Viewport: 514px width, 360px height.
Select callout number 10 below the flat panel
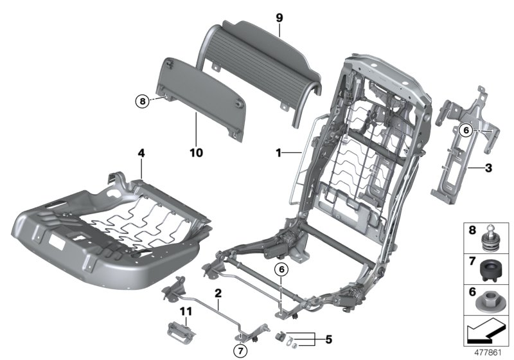(197, 152)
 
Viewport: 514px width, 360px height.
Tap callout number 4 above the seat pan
(141, 154)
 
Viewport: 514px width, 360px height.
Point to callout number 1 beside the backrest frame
(278, 153)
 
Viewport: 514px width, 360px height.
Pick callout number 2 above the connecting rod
(218, 293)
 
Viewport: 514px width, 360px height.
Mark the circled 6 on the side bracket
(467, 129)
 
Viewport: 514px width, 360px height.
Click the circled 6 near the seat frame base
(280, 270)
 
